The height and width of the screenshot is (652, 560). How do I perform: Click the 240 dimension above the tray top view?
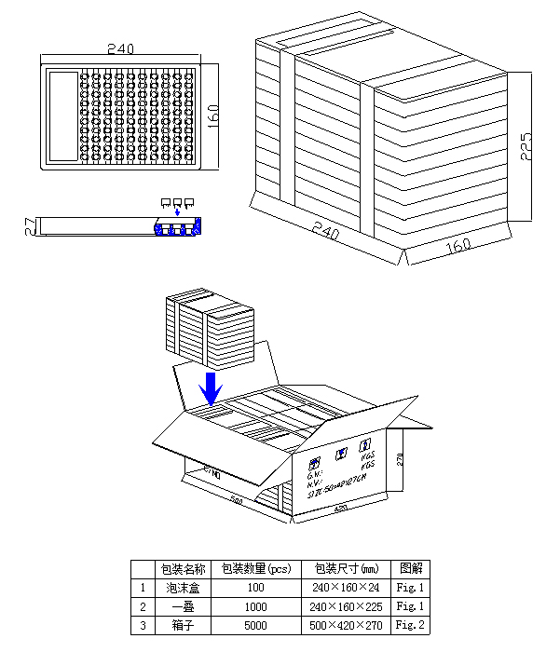[120, 48]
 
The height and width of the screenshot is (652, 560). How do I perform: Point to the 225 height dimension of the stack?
[526, 146]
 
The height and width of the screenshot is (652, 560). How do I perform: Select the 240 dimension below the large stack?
[325, 231]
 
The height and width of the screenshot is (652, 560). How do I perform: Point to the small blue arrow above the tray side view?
[177, 211]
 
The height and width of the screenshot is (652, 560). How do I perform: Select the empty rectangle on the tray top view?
[63, 116]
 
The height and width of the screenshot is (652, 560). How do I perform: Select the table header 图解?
[410, 568]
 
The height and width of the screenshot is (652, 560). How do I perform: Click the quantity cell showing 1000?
[255, 606]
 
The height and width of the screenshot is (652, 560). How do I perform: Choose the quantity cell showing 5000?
[255, 625]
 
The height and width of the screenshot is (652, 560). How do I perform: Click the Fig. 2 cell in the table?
[410, 625]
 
